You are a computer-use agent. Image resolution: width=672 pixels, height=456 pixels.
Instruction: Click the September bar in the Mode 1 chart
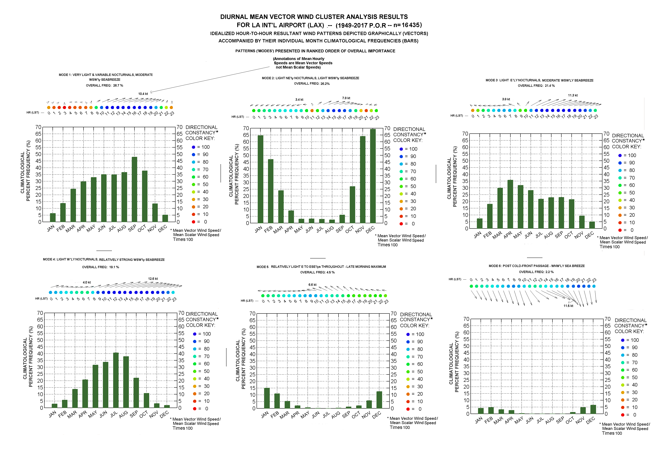click(x=134, y=190)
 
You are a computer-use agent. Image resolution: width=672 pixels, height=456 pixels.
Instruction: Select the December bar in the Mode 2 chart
click(x=373, y=176)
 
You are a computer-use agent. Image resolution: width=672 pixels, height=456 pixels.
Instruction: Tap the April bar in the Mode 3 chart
click(x=510, y=204)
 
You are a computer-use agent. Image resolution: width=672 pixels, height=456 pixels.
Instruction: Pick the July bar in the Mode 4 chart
click(x=116, y=380)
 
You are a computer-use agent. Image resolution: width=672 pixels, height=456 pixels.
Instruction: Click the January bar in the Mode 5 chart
click(x=267, y=398)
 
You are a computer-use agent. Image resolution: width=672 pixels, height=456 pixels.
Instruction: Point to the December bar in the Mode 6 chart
click(x=593, y=410)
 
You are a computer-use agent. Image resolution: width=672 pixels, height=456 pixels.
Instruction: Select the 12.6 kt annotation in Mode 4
click(x=153, y=279)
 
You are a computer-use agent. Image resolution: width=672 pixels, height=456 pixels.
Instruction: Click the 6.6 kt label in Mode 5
click(x=312, y=285)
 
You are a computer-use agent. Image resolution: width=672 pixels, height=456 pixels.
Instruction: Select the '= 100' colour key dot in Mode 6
click(x=623, y=340)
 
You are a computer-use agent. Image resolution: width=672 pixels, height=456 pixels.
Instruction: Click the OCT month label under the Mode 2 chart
click(x=350, y=230)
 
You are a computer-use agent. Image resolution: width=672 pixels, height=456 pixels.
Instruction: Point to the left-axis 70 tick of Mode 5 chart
click(x=252, y=313)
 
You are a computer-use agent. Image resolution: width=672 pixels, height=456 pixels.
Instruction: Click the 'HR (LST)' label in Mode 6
click(x=455, y=279)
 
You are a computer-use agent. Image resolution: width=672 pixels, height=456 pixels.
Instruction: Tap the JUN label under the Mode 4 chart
click(x=103, y=414)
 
